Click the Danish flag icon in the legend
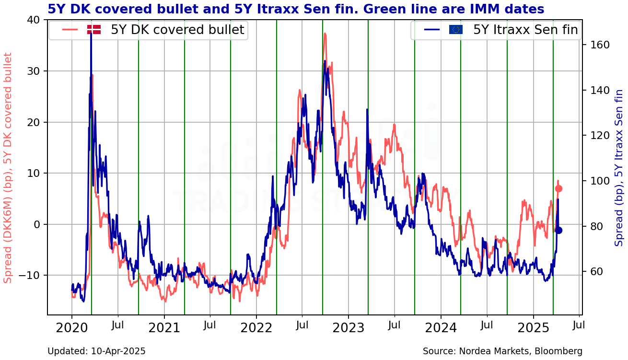point(94,29)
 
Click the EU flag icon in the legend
point(456,29)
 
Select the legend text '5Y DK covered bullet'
point(177,30)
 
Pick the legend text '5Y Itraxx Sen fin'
point(526,30)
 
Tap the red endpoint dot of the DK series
point(558,189)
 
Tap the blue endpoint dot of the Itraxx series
point(558,231)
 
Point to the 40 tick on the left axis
point(34,20)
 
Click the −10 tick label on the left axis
point(29,275)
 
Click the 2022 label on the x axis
point(256,328)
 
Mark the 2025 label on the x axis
point(533,328)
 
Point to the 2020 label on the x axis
point(72,328)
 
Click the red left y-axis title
point(8,168)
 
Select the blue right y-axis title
point(619,168)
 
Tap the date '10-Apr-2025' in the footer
point(118,351)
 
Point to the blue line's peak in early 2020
point(91,33)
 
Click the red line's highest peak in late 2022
point(325,34)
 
